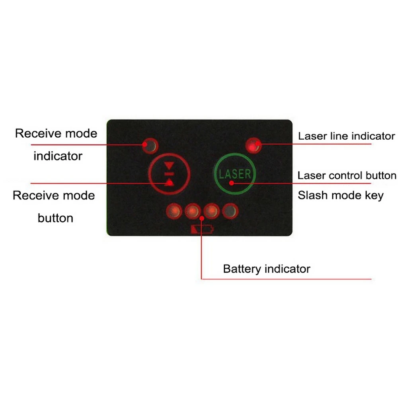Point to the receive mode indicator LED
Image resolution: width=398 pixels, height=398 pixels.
[150, 146]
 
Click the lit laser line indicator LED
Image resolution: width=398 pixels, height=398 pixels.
[254, 145]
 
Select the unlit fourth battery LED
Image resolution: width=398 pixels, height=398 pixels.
[230, 211]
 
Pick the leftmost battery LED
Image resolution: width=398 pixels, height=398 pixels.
[174, 211]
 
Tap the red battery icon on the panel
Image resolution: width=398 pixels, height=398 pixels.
[202, 230]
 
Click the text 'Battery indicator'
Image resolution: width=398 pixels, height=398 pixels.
[267, 269]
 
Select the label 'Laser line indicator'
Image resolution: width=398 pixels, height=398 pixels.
[347, 136]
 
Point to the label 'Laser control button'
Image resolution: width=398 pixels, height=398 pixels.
[347, 176]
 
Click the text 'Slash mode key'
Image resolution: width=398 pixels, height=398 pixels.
[341, 195]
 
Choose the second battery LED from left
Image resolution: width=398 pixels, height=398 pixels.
[193, 211]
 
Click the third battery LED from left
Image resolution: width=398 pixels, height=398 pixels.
[212, 211]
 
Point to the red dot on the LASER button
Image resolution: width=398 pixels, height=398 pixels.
[232, 183]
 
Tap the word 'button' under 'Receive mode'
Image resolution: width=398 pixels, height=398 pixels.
[56, 218]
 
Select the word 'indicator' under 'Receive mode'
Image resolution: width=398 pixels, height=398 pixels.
[58, 156]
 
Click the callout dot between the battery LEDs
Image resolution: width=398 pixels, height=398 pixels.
[202, 218]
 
